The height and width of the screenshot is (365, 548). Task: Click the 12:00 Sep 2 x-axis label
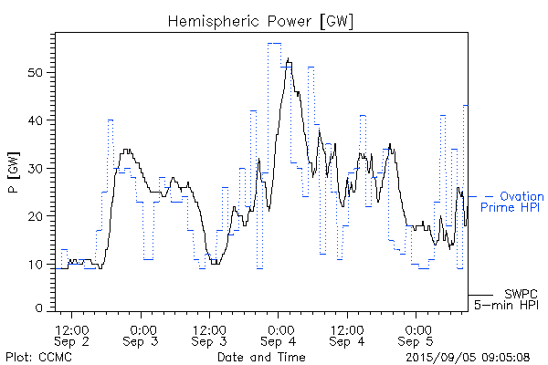click(x=71, y=334)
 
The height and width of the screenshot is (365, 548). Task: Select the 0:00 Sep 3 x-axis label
click(x=141, y=334)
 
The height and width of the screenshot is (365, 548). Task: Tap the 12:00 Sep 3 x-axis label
click(x=209, y=334)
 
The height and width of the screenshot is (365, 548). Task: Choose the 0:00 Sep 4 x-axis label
click(x=279, y=334)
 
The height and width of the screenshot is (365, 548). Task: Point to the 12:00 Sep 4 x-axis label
click(x=347, y=334)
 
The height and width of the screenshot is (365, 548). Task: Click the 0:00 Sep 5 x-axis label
click(x=416, y=334)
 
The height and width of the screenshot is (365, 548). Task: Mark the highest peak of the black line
click(x=289, y=59)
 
